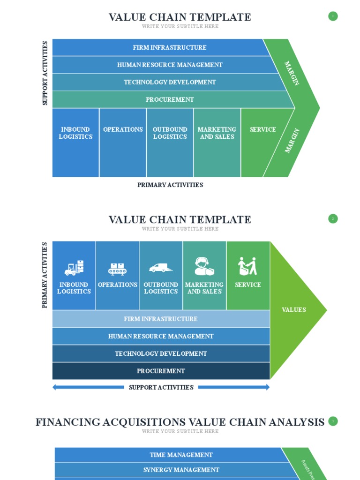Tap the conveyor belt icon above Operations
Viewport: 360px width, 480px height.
(117, 269)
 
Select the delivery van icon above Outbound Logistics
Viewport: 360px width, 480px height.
(161, 268)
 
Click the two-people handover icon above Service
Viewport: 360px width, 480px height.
(247, 266)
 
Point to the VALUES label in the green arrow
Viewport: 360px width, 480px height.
(294, 310)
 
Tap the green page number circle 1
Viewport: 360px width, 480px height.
(333, 16)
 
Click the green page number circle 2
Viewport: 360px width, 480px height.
(333, 218)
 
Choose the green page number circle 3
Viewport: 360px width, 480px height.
(333, 421)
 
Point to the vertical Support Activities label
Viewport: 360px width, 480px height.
(45, 73)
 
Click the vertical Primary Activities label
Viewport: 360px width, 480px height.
(45, 275)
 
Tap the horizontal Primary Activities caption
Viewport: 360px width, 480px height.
(170, 185)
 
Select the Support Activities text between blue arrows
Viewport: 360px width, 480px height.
(161, 387)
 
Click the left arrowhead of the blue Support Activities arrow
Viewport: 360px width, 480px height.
(55, 387)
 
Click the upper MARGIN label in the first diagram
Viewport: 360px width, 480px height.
(292, 73)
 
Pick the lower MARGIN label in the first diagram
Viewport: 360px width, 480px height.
(292, 141)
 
